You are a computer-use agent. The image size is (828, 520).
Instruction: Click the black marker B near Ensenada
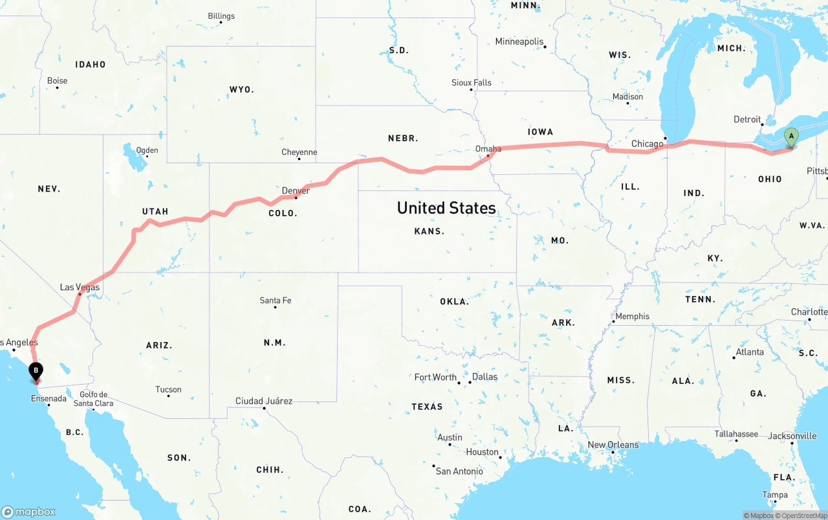[x=36, y=371]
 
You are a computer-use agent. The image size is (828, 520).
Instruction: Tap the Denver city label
[x=296, y=190]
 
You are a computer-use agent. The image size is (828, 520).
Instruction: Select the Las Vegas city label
[x=80, y=287]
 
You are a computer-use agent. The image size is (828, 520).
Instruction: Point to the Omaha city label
[x=488, y=149]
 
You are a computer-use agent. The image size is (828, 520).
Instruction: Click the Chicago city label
[x=647, y=144]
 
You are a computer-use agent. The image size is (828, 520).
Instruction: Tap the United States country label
[x=446, y=208]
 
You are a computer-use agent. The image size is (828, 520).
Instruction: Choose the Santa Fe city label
[x=275, y=300]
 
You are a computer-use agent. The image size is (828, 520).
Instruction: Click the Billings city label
[x=221, y=16]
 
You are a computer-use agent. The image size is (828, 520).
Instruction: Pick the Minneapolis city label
[x=519, y=41]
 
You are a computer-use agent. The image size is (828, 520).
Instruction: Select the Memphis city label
[x=632, y=316]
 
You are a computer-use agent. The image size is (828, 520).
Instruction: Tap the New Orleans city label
[x=613, y=445]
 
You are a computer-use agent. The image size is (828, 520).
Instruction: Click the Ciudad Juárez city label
[x=264, y=401]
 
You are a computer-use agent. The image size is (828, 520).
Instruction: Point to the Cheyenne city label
[x=299, y=152]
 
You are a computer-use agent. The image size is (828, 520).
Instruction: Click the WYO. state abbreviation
[x=241, y=89]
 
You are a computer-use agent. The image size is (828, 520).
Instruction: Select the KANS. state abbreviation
[x=430, y=231]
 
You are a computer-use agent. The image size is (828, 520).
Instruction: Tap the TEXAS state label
[x=427, y=407]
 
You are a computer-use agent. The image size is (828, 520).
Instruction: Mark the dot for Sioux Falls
[x=472, y=90]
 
